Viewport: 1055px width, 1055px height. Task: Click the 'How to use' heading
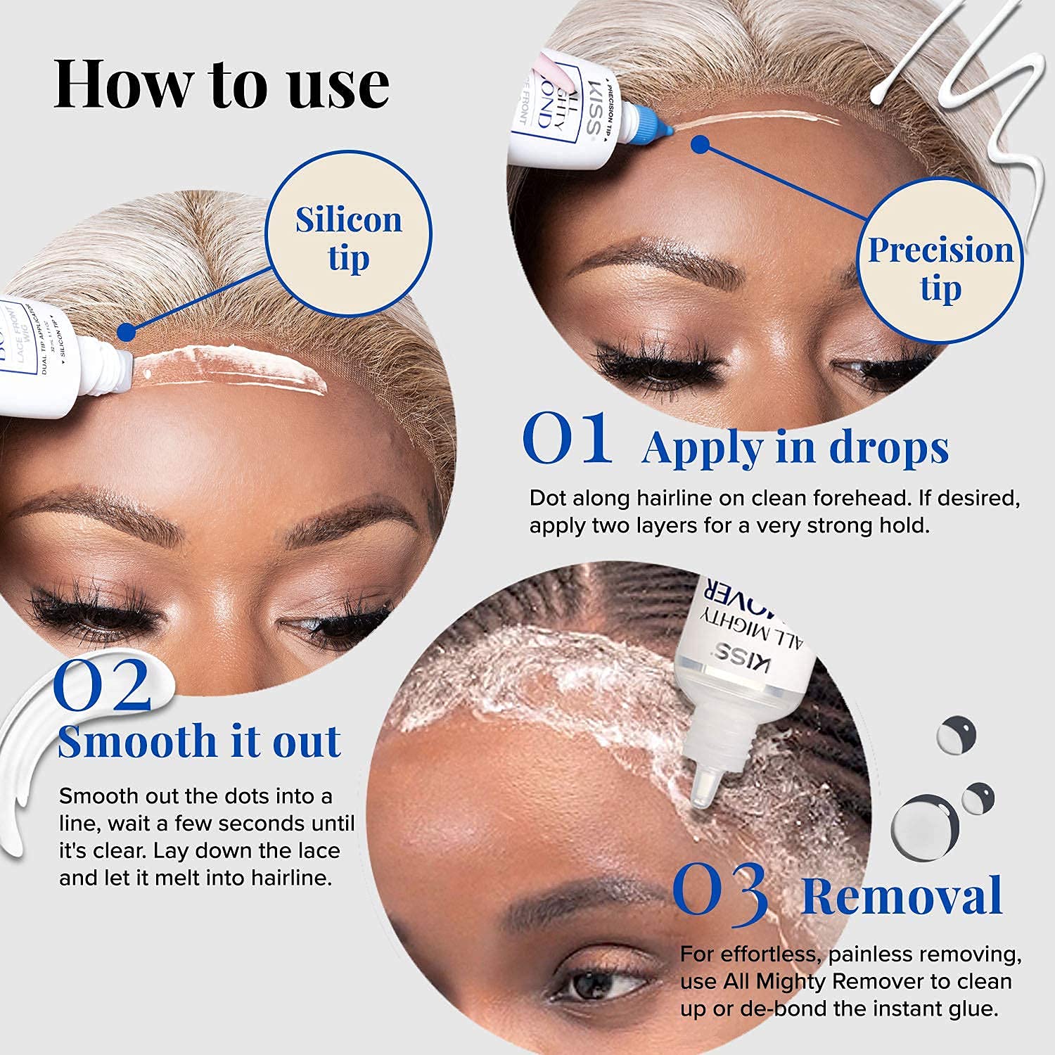tap(222, 84)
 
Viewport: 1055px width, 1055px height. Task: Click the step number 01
tap(567, 440)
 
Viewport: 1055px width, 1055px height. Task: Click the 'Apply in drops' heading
tap(795, 447)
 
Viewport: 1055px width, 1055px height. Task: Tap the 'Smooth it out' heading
tap(200, 741)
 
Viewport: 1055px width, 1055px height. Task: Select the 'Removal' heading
tap(902, 896)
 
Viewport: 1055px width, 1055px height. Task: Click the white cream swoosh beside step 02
tap(28, 760)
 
